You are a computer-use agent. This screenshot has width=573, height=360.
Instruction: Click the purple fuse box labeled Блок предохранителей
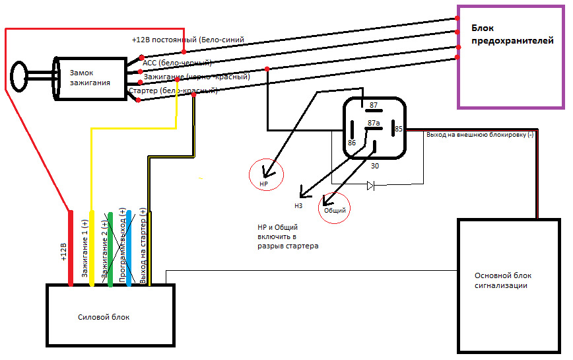[x=511, y=57]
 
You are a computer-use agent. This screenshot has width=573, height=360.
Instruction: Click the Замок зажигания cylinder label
[x=90, y=79]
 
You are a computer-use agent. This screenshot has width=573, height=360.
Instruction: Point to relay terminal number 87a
[x=374, y=123]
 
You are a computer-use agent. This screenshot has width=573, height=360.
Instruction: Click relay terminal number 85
[x=399, y=129]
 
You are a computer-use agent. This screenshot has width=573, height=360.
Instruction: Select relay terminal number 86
[x=352, y=142]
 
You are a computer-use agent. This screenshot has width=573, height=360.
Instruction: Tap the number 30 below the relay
[x=374, y=166]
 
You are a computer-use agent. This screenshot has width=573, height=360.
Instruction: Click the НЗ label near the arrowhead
[x=298, y=205]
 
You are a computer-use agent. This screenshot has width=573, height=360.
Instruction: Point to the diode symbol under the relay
[x=370, y=186]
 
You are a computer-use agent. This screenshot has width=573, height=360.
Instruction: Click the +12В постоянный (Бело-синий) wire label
[x=188, y=40]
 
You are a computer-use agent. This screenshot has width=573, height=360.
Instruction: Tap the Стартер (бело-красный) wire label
[x=173, y=90]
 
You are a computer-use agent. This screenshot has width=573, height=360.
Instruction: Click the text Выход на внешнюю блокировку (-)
[x=480, y=135]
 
